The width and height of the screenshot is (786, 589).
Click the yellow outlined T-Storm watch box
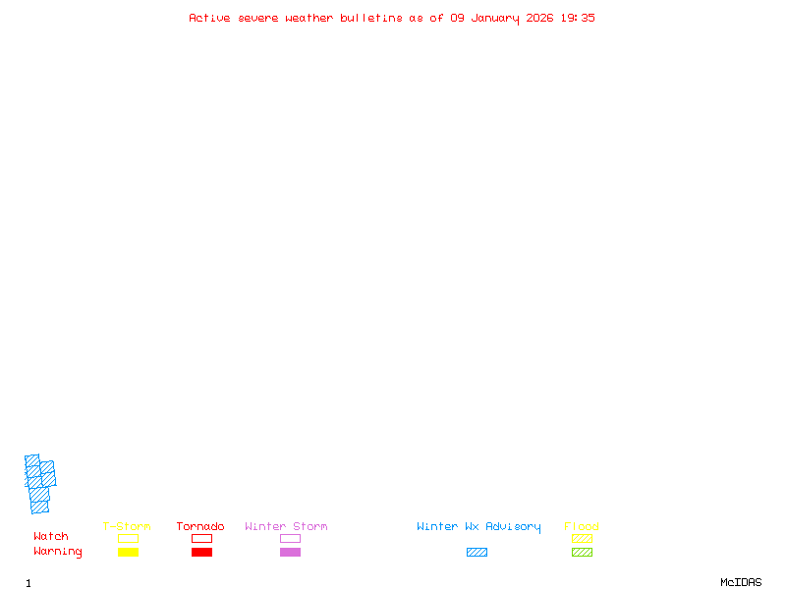pos(128,538)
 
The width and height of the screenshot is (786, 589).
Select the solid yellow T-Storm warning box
pos(128,552)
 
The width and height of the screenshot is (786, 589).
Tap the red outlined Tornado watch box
pos(201,538)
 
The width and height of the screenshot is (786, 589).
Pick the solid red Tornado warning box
pos(201,552)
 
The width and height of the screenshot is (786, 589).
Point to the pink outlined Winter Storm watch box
pos(290,538)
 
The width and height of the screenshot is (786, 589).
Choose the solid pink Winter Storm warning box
pos(290,552)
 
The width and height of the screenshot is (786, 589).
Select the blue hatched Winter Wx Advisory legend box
pos(477,552)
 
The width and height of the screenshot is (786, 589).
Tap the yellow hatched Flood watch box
pos(582,538)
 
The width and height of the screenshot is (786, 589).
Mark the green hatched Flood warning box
pos(582,552)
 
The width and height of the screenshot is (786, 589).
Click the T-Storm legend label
pos(127,526)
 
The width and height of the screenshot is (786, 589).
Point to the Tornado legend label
pos(200,526)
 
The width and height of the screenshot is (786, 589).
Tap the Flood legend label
pos(582,526)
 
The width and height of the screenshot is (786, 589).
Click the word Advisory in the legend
pos(513,526)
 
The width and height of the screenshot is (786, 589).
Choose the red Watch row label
pos(51,537)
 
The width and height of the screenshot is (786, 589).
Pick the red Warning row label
pos(58,552)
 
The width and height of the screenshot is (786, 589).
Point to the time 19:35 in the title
pos(578,18)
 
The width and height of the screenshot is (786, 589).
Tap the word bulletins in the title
pos(370,18)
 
